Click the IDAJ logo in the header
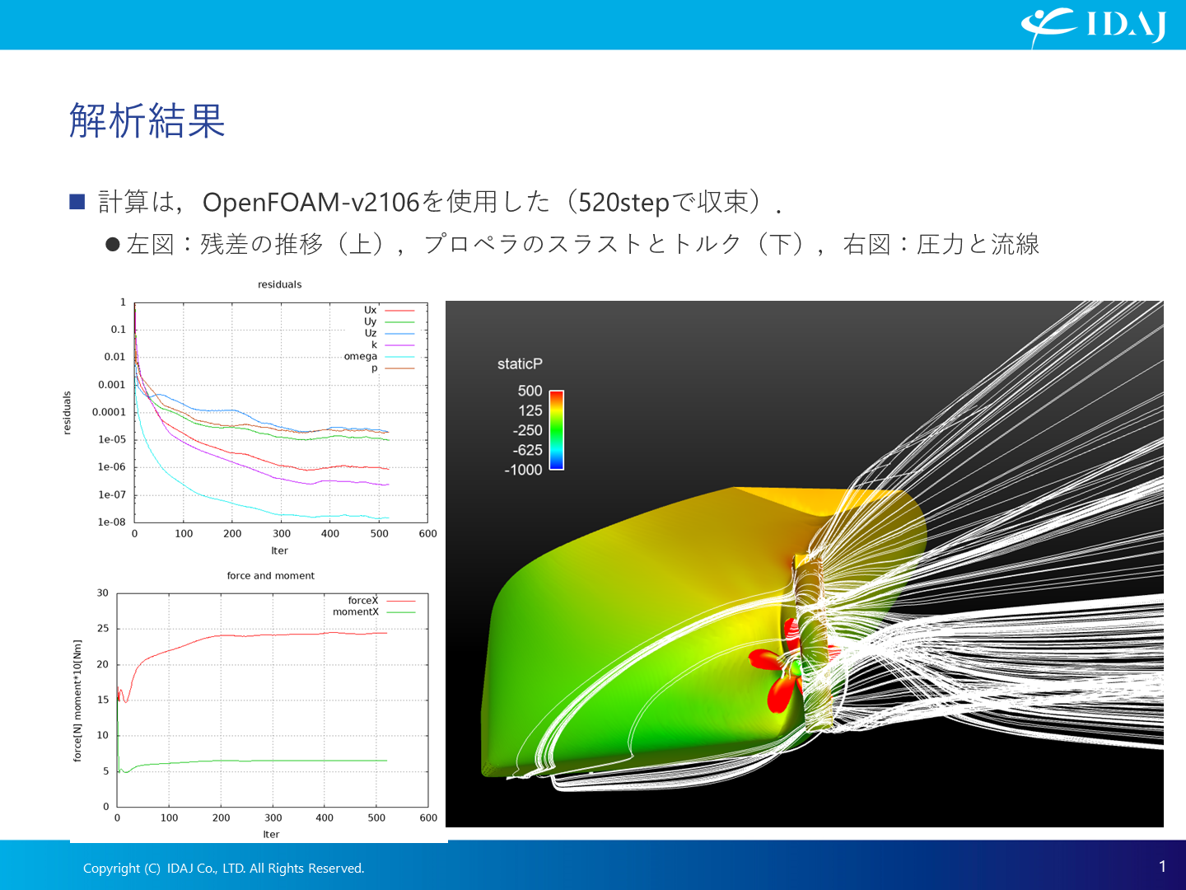pos(1093,26)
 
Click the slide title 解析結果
pos(147,120)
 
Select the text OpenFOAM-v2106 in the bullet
pos(311,202)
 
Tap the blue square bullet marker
pos(77,202)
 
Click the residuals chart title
pos(279,284)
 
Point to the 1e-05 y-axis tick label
pos(112,439)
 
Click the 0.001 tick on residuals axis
pos(111,385)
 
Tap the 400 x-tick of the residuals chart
pos(330,534)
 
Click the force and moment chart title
pos(271,575)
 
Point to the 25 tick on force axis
pos(103,629)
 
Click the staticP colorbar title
pos(520,364)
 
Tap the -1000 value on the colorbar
pos(523,470)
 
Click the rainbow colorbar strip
pos(557,430)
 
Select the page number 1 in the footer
pos(1163,867)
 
